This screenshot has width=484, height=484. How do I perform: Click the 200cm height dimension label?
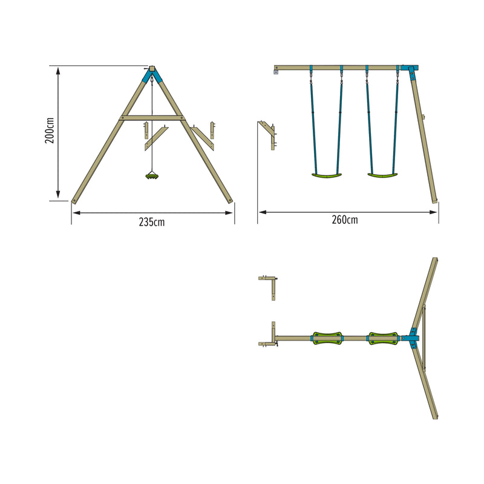(x=50, y=130)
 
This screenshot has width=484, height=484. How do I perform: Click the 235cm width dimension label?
(x=152, y=222)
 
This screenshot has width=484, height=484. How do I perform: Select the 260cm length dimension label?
(x=344, y=220)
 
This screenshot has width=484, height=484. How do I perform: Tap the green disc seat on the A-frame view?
(x=152, y=176)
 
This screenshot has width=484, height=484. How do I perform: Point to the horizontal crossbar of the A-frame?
(x=152, y=117)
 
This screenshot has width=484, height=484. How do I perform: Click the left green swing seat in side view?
(x=325, y=176)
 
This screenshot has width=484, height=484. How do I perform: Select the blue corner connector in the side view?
(x=411, y=71)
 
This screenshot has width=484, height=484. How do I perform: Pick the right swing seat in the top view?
(x=382, y=338)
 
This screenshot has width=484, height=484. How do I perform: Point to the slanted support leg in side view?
(x=425, y=139)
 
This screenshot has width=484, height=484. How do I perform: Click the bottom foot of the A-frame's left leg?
(x=75, y=200)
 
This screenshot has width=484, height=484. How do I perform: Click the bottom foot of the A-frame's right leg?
(x=229, y=200)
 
